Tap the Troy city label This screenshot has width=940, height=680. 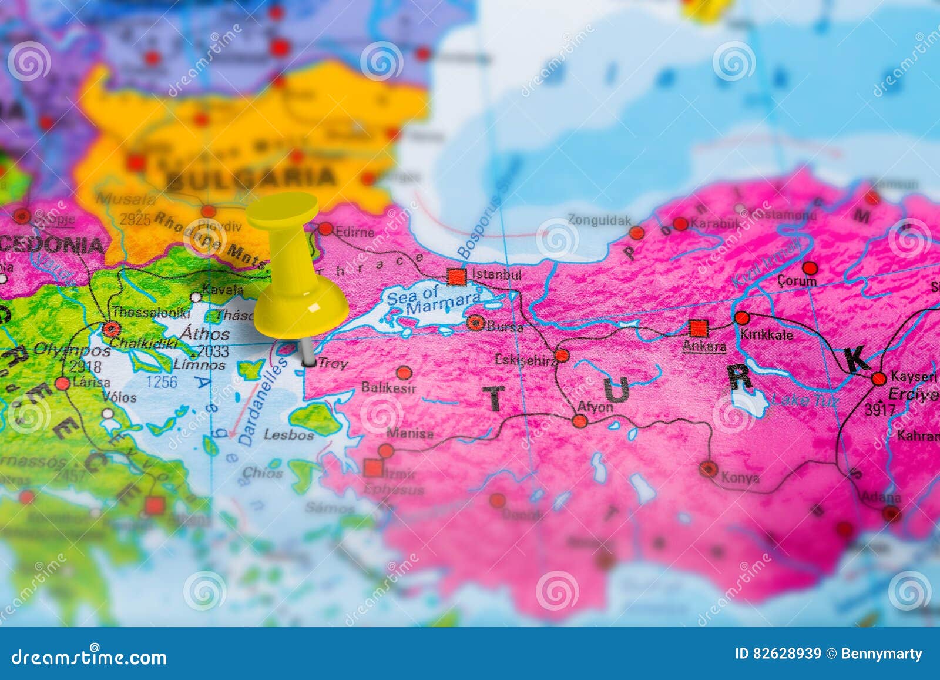click(x=333, y=364)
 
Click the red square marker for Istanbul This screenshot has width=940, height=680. click(x=456, y=276)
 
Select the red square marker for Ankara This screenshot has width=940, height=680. click(x=699, y=327)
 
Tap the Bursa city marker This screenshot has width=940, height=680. click(x=475, y=323)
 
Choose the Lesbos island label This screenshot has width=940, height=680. click(x=288, y=435)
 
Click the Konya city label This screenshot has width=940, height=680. click(x=740, y=478)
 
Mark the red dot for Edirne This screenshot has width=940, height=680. click(x=325, y=229)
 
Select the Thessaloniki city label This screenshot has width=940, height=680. click(x=151, y=312)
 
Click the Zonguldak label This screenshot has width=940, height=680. click(x=599, y=220)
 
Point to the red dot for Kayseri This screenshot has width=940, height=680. click(x=878, y=378)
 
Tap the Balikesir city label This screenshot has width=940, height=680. click(x=388, y=388)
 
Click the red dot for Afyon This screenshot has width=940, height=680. click(x=579, y=421)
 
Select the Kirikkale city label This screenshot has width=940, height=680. click(x=767, y=335)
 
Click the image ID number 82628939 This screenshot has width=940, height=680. click(x=787, y=654)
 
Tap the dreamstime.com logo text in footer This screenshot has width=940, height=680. click(x=89, y=656)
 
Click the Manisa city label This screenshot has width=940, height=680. click(x=410, y=434)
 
